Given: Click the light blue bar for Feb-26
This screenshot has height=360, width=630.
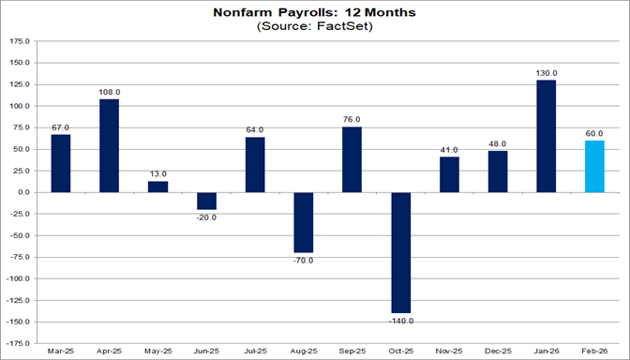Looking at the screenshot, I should click(592, 166).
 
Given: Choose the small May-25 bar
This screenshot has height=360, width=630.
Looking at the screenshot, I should click(158, 187).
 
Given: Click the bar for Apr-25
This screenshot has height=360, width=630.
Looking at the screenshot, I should click(110, 145).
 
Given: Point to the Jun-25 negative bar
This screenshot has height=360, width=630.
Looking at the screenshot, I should click(207, 201).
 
